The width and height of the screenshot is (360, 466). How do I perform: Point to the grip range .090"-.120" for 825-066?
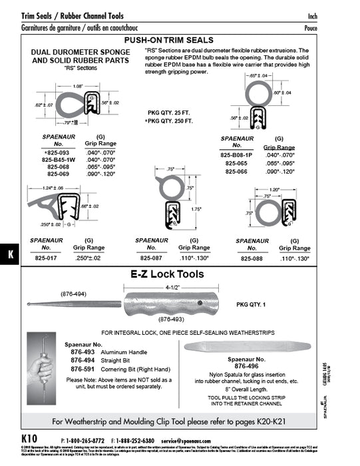click(x=277, y=172)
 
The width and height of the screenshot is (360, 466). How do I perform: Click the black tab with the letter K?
click(x=11, y=254)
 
